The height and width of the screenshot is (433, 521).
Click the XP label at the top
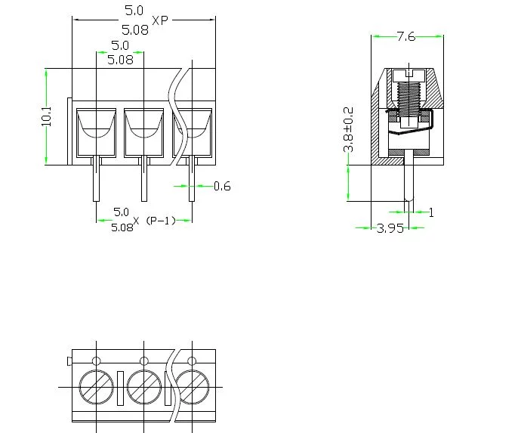[160, 20]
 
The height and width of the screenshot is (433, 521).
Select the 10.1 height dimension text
[47, 116]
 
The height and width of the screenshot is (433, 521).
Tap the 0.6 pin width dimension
[222, 186]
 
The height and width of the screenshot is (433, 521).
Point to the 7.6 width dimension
[405, 36]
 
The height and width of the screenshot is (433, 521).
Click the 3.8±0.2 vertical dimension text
[348, 129]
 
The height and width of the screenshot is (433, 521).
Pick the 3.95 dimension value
[390, 228]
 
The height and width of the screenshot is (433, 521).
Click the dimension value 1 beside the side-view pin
[431, 212]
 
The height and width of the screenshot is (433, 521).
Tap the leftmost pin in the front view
[97, 181]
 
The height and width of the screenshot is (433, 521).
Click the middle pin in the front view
[143, 181]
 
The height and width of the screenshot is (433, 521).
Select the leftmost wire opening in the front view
[96, 125]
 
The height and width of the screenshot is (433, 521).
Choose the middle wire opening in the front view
[143, 125]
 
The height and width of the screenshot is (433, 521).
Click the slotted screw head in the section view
[407, 73]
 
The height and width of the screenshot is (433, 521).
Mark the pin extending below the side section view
[407, 181]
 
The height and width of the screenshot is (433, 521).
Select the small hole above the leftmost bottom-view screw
[96, 359]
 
